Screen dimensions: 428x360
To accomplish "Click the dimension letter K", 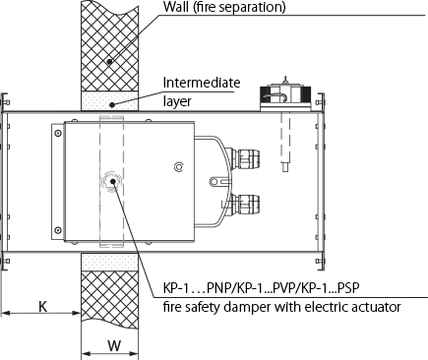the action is coord(43,307).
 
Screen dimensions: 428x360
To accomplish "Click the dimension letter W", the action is coord(114,345).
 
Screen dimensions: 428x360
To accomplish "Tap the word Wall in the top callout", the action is coord(176,7).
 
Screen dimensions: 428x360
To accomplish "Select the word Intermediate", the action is coord(202,83).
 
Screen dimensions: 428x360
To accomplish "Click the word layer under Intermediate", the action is coord(177,101).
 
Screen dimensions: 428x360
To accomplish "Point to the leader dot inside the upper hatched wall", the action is coord(110,61).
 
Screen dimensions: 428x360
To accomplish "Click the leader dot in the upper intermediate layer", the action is coord(112,105).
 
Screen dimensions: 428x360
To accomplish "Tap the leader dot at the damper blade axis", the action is coord(112,181).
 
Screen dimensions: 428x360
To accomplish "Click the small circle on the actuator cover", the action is coord(179,167).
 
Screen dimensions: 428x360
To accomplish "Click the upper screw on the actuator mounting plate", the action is coord(58,134).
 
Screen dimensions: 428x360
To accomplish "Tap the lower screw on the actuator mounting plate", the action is coord(58,230).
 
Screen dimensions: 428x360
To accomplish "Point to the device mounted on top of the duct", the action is coord(285,94).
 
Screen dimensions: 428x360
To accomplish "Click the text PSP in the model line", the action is coord(348,288).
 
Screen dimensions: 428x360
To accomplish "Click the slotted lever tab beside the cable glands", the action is coord(219,181).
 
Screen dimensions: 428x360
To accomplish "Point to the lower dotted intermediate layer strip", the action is coord(109,262).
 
